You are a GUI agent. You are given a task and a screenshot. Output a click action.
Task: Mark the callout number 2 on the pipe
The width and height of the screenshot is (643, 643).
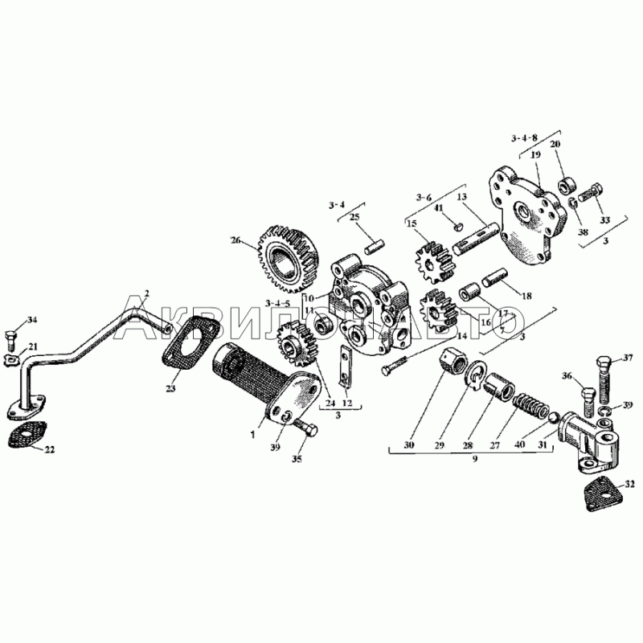(146, 291)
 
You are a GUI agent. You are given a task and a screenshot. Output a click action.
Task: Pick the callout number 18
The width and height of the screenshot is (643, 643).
(526, 296)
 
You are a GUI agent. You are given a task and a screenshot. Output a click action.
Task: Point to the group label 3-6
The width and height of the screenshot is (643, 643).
(424, 195)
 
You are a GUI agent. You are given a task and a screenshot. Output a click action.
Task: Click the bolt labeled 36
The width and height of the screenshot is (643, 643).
(585, 395)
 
